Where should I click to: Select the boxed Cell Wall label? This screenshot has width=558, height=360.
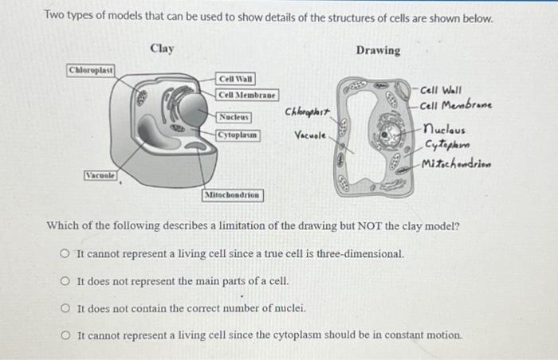click(x=237, y=79)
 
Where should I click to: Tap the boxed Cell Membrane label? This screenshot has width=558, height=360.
click(x=247, y=95)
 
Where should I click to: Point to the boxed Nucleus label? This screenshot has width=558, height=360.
click(x=235, y=117)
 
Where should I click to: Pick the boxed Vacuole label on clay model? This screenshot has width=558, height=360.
click(x=100, y=174)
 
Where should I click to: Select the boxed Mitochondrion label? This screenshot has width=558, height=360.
click(x=233, y=194)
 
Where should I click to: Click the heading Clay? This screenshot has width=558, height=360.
click(x=161, y=49)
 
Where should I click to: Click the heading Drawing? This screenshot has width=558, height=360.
click(x=378, y=50)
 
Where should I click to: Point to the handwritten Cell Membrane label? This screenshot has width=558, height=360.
click(x=455, y=104)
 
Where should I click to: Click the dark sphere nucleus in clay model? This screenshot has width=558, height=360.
click(x=192, y=112)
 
